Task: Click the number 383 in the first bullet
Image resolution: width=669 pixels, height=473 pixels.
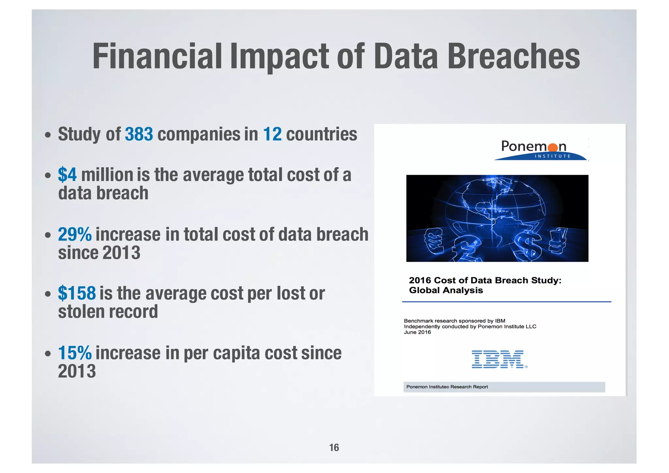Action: pos(139,134)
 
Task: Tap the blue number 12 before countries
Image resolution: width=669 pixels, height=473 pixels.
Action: pos(272,134)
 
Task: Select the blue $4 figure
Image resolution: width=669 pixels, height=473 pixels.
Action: pos(67,175)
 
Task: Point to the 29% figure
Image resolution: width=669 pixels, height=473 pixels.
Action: pos(75,234)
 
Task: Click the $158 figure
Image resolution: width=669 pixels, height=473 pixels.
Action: pos(77,293)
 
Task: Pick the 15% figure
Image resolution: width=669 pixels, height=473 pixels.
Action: pos(75,353)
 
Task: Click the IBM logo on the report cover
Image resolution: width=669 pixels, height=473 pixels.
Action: pos(498,359)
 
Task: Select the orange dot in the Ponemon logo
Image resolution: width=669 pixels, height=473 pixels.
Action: pos(552,148)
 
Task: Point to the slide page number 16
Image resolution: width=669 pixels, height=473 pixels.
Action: pos(334,447)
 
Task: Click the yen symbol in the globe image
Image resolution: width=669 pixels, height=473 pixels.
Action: pos(559,240)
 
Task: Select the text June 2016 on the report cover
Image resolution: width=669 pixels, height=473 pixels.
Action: pos(417,332)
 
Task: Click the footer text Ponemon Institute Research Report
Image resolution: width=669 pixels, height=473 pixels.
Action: pos(447,387)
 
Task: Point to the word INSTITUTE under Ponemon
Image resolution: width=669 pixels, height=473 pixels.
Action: pos(552,156)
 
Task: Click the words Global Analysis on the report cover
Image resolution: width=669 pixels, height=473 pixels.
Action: pos(446,290)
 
